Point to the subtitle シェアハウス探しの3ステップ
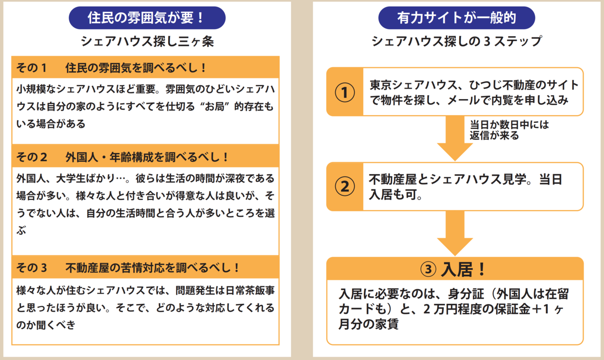point(456,42)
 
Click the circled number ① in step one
point(344,92)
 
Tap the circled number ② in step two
point(344,187)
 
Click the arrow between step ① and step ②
point(454,139)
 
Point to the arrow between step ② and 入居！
point(454,234)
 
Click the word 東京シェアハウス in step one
point(409,85)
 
